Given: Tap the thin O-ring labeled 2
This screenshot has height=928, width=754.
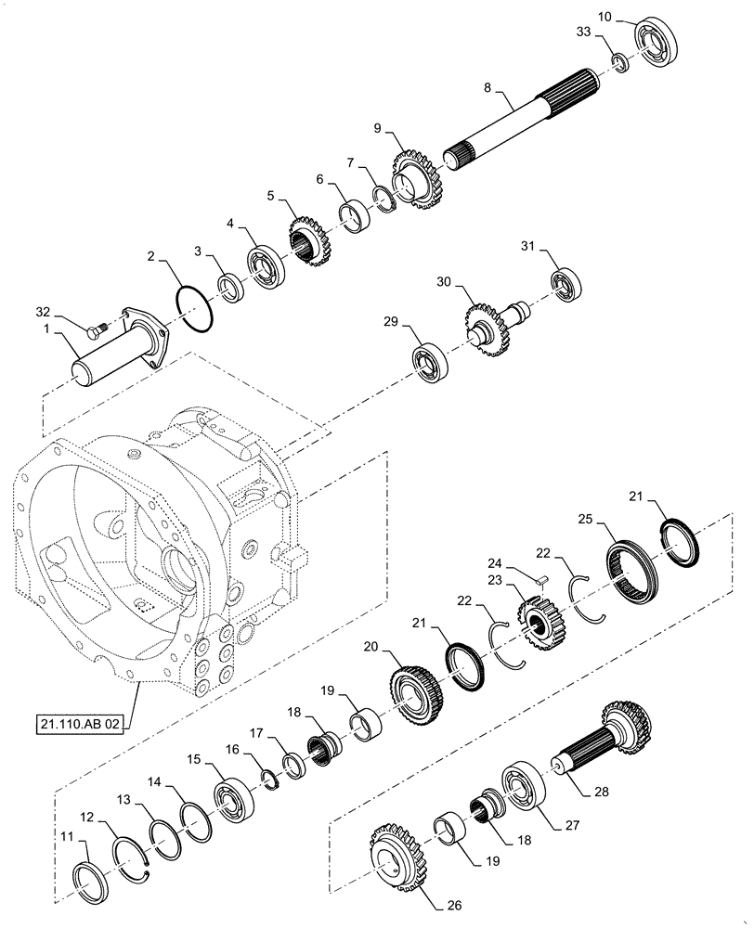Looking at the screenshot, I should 195,307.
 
